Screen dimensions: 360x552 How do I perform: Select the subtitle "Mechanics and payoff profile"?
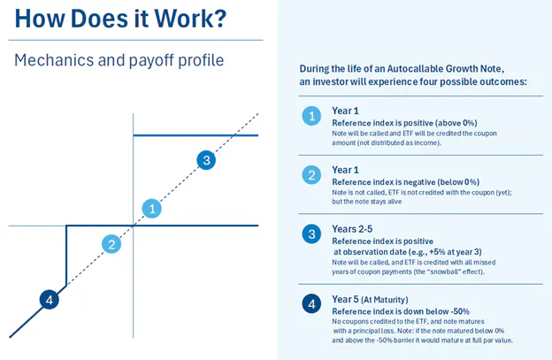119,60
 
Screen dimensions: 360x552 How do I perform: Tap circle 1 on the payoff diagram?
153,209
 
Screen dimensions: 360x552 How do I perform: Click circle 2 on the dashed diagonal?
111,244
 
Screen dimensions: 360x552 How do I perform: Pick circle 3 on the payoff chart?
206,160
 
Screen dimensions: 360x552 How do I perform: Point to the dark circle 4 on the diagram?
50,300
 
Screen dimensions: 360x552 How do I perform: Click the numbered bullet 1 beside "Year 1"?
310,116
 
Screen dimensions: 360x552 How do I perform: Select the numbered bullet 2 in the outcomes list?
310,175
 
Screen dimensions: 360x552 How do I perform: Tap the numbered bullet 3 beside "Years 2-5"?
310,234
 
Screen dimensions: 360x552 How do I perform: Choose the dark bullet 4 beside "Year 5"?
310,304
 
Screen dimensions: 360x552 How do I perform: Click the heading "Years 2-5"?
352,229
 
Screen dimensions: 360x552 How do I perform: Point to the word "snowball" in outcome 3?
451,272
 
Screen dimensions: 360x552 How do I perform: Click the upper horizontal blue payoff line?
195,135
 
